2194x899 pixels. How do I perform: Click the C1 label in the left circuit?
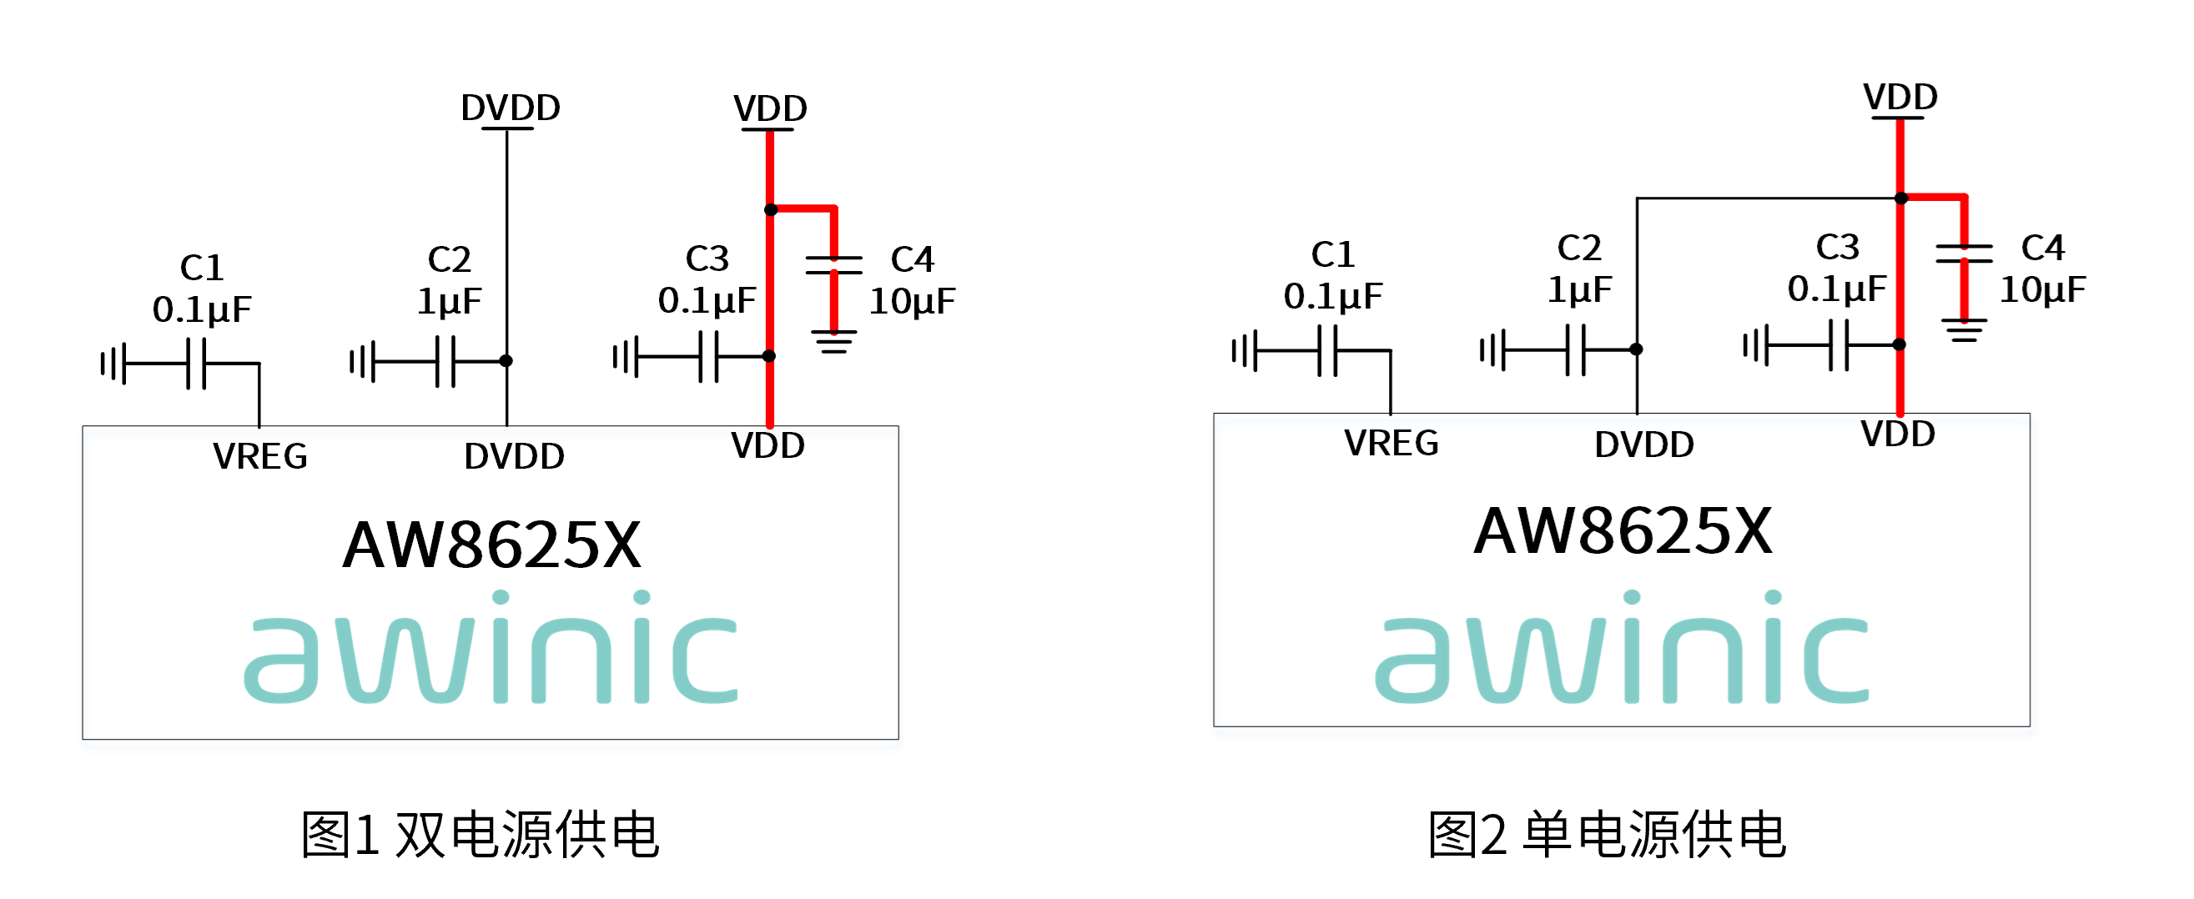coord(202,268)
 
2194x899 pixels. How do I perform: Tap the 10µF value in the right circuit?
coord(2042,290)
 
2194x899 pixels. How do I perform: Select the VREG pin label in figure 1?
coord(259,456)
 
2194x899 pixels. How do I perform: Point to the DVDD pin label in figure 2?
coord(1643,444)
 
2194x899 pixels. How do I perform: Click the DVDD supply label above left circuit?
coord(511,108)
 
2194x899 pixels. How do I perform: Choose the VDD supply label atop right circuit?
coord(1900,97)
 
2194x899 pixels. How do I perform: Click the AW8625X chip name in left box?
coord(491,545)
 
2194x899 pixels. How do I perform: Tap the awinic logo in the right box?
coord(1622,647)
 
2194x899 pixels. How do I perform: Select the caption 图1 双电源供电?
coord(481,834)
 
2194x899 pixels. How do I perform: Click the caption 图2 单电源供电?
coord(1608,834)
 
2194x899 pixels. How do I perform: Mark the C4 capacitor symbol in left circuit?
coord(834,264)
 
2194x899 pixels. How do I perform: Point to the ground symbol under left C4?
coord(834,341)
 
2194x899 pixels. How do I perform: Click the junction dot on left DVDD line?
coord(506,361)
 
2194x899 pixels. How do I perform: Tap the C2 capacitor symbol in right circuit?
coord(1576,349)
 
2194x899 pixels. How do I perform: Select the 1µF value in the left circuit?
coord(449,301)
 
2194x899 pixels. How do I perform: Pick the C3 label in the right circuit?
coord(1837,248)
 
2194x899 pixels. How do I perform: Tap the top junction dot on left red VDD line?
coord(771,209)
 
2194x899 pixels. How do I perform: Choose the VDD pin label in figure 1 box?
coord(767,446)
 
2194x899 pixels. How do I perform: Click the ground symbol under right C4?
coord(1964,330)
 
